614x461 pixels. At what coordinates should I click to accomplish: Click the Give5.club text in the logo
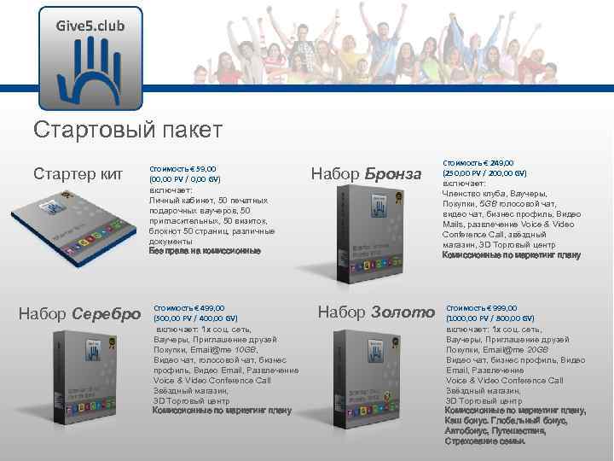tap(90, 26)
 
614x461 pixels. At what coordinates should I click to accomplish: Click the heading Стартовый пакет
tap(128, 130)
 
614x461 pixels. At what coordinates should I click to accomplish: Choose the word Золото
tap(403, 312)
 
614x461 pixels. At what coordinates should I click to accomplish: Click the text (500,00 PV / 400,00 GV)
tap(195, 318)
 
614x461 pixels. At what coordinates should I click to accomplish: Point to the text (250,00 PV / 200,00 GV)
tap(484, 172)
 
